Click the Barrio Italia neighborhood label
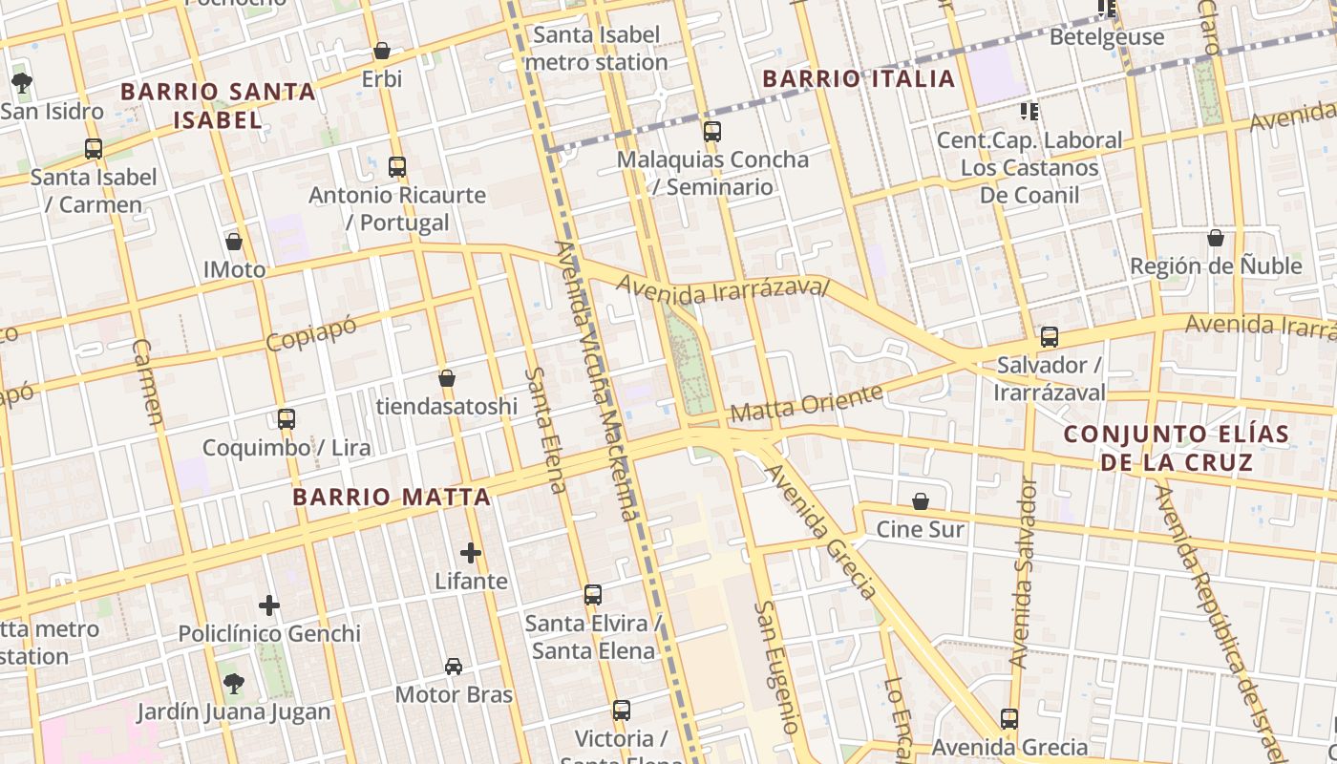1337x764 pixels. [859, 78]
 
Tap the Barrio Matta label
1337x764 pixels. [392, 497]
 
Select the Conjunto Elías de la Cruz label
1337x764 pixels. [1177, 448]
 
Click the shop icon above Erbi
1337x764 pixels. [382, 51]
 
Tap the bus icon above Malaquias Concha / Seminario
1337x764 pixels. [711, 132]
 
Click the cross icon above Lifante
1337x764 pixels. [471, 553]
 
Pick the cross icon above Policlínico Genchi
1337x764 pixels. [269, 605]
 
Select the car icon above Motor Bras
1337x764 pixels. [454, 667]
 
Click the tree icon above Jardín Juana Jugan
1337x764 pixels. [233, 683]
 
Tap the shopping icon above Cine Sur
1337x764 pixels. [921, 501]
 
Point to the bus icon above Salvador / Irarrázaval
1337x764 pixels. [1050, 337]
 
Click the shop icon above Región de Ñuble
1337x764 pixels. [1216, 238]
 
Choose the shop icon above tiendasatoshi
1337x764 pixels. [446, 379]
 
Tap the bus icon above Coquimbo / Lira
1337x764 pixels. [286, 419]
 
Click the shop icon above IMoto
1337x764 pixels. [234, 242]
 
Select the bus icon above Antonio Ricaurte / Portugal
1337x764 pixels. [397, 167]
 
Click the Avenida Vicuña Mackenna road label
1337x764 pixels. [595, 382]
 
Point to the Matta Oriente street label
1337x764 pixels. [806, 404]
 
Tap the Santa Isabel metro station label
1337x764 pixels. [596, 49]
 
